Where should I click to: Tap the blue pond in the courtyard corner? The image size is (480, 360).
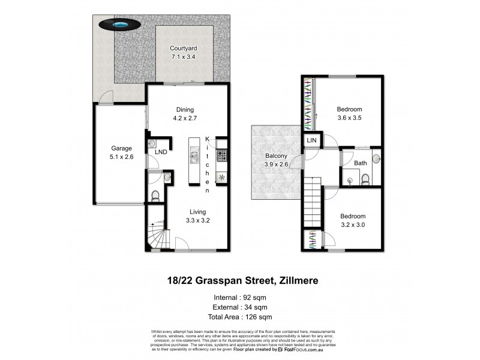coord(121,25)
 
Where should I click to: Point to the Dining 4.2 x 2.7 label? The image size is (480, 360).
coord(185,114)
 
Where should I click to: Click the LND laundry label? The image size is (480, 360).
coord(160,152)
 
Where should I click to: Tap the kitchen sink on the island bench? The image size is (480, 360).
coord(194,157)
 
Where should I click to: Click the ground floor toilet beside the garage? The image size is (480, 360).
coord(155,196)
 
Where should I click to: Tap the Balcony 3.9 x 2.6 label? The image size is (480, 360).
coord(277,161)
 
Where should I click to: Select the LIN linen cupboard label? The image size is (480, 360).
coord(312,140)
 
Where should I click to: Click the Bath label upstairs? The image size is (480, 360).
coord(360,163)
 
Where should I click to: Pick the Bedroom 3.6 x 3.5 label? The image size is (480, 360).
coord(349,113)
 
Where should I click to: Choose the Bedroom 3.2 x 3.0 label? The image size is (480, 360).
coord(352,220)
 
